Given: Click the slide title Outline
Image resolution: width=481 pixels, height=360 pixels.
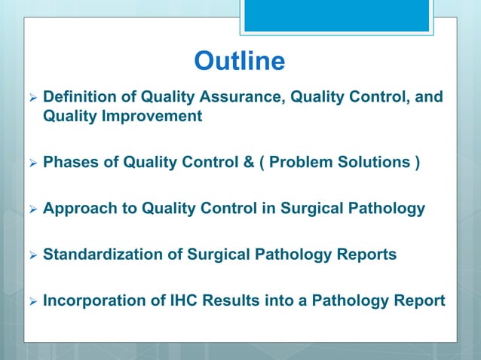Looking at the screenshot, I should click(240, 62).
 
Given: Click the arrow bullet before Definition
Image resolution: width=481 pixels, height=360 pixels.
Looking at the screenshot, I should click(31, 98).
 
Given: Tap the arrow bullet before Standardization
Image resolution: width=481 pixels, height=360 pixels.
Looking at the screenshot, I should click(31, 255).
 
